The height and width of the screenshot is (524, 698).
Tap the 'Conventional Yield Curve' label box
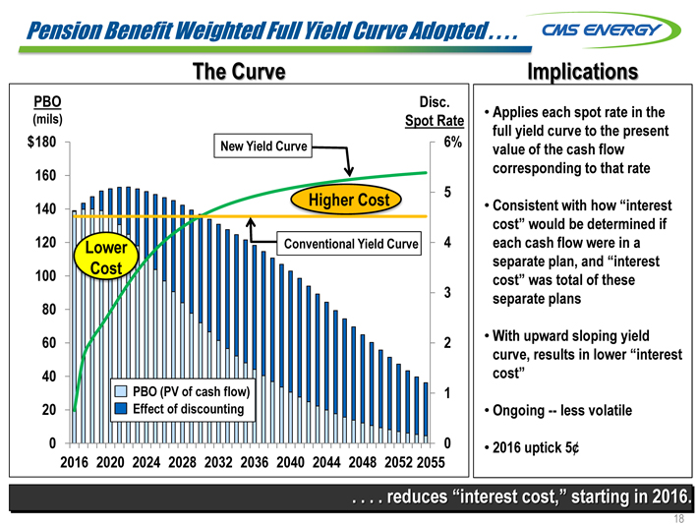(350, 244)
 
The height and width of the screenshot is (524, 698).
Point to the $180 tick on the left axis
(40, 142)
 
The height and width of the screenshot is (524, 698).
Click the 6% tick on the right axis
(451, 142)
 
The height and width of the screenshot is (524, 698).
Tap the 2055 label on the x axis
(429, 463)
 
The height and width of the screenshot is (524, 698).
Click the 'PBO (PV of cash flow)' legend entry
(184, 392)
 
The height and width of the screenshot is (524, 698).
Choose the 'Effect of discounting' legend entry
(184, 408)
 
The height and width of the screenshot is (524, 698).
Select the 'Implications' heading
(582, 72)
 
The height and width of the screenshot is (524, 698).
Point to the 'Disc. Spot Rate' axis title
(435, 111)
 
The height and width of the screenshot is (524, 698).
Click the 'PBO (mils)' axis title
(47, 109)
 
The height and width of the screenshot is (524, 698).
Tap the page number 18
(678, 515)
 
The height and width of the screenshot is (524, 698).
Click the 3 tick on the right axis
(447, 293)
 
